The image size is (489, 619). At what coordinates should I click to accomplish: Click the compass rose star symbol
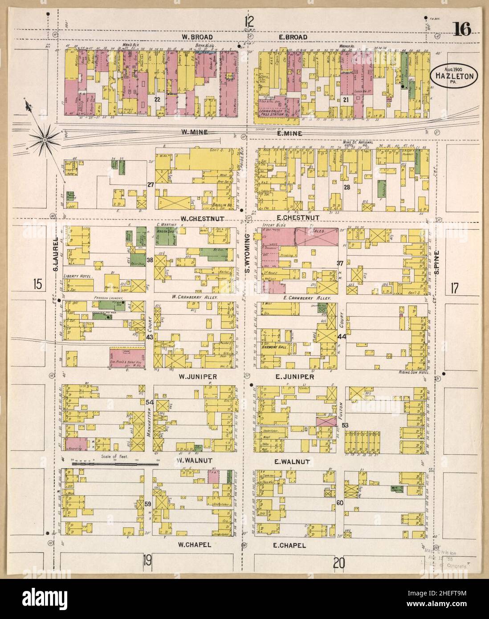point(45,139)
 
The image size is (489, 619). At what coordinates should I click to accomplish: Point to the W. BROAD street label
point(197,37)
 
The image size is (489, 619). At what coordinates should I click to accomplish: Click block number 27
point(150,184)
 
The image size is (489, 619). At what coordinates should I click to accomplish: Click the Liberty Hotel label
point(78,276)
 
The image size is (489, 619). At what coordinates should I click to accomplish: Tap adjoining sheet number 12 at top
point(249,20)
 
